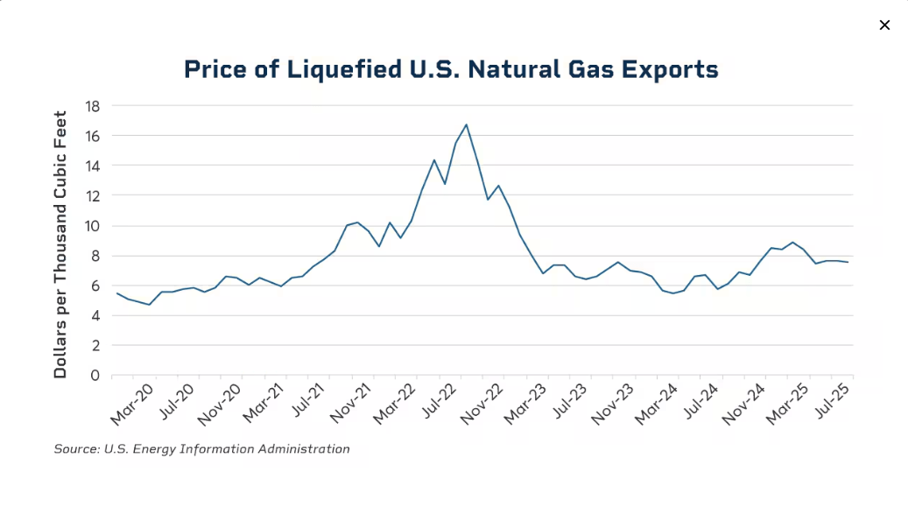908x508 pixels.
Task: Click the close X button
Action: point(884,25)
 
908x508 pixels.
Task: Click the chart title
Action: point(451,69)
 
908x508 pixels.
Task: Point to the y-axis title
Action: point(60,244)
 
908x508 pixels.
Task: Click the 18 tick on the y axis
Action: point(93,106)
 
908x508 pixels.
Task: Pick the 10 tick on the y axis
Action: point(93,226)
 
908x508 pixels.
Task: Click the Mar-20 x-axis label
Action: point(132,404)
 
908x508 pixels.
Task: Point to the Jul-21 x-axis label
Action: point(307,404)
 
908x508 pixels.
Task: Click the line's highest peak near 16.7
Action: point(466,124)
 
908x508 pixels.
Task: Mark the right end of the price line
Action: point(848,262)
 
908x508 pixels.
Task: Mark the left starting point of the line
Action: point(117,293)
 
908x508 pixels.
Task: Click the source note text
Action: point(201,449)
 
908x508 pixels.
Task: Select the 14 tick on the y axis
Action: point(93,166)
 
